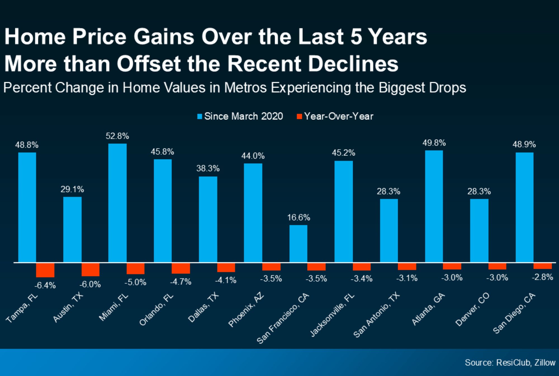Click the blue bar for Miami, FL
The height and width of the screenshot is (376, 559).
[117, 203]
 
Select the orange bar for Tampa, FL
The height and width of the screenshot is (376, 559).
[45, 270]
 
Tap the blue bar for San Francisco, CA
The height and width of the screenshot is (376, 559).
[298, 244]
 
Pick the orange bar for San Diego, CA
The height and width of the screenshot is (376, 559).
[543, 266]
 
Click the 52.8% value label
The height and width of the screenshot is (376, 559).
[117, 136]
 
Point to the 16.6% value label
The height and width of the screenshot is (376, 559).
[299, 217]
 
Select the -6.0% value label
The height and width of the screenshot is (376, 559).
[90, 284]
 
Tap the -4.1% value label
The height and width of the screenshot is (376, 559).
[226, 280]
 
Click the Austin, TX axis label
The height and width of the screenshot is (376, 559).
[68, 307]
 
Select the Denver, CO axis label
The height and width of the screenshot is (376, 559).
[472, 309]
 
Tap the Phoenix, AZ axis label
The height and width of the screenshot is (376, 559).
[246, 310]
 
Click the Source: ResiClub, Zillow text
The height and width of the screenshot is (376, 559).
[510, 363]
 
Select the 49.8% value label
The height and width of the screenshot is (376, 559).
[434, 143]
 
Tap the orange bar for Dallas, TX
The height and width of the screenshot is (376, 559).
[226, 267]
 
